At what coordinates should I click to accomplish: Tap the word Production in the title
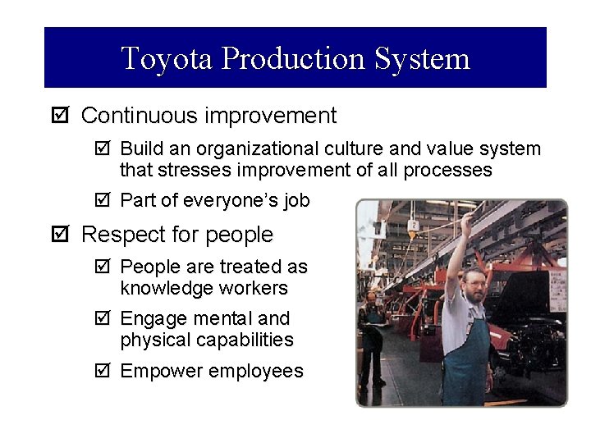tap(292, 58)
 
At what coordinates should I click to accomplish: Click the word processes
tap(449, 171)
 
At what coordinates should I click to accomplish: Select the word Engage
tap(152, 318)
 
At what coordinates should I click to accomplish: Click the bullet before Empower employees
tap(103, 372)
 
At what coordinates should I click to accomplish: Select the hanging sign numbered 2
tap(414, 226)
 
